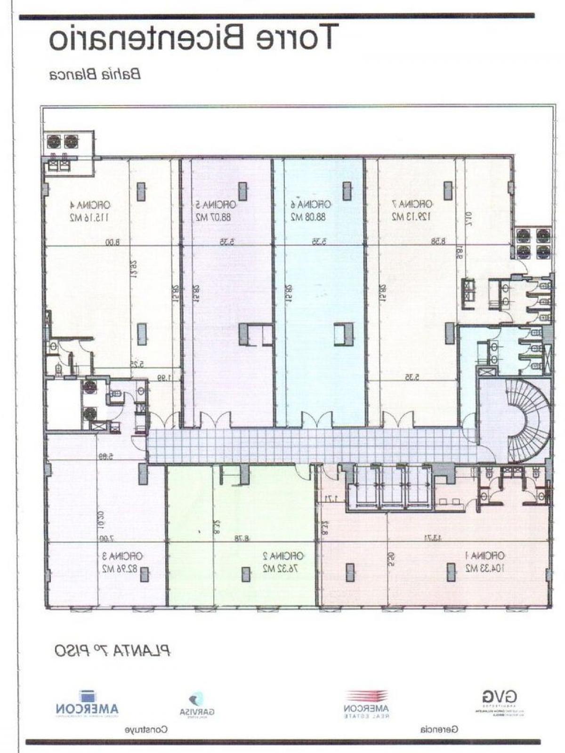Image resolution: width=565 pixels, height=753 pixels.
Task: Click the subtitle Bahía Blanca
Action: coord(95,74)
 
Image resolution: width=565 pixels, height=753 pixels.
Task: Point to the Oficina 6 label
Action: coord(310,205)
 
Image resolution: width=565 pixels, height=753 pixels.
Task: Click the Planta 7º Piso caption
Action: coord(112,651)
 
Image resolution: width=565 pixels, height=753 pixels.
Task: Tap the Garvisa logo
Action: coord(197,705)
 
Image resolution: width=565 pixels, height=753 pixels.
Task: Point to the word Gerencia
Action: coord(439,730)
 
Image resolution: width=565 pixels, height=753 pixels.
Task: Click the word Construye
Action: coord(146,730)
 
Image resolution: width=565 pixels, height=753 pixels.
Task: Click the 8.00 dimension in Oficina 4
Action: coord(111,242)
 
